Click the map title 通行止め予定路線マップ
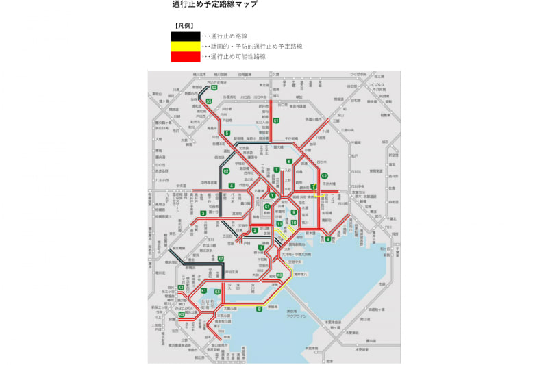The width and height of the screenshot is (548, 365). [214, 5]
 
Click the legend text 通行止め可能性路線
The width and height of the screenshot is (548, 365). [238, 57]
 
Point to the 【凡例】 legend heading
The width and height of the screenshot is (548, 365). [183, 25]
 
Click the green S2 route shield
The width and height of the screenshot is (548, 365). [214, 88]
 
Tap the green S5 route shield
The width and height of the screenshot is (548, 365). [208, 101]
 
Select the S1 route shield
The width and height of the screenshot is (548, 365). [276, 121]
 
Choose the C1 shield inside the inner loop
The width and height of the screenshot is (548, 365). [268, 206]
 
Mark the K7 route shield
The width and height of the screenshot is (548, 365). [221, 258]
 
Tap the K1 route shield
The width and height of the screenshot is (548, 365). [204, 292]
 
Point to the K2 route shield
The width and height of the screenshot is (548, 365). [181, 288]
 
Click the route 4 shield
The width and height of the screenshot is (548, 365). [232, 186]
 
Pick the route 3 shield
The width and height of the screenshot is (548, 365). [203, 214]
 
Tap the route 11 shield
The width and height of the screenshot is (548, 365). [279, 224]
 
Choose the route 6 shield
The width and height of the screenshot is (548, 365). [290, 162]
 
